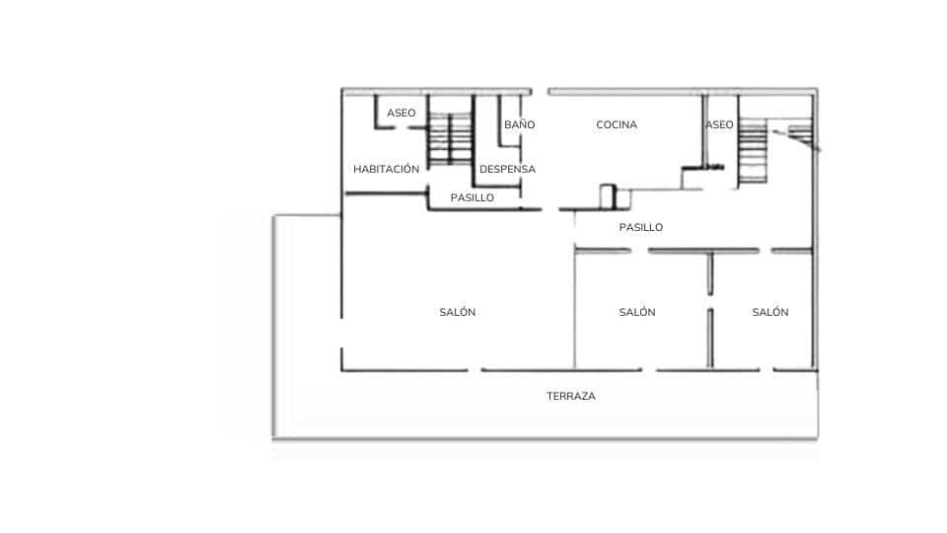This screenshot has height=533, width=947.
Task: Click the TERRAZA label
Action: (571, 396)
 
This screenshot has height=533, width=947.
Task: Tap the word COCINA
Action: (617, 125)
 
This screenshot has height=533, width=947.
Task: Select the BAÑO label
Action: (519, 125)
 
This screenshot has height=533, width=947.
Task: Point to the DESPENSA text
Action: (507, 169)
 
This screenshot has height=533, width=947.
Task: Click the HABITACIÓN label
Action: (386, 169)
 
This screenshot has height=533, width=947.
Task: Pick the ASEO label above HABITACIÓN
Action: (401, 114)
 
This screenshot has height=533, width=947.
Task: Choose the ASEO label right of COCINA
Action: (719, 125)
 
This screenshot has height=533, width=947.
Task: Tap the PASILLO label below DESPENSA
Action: (472, 197)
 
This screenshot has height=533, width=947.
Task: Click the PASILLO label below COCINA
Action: (641, 227)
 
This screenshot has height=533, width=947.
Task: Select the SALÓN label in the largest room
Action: (458, 312)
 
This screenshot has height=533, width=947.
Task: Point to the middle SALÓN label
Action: (637, 312)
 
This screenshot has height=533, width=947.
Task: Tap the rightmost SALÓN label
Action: (770, 312)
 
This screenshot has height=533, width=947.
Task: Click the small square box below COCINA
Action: (608, 196)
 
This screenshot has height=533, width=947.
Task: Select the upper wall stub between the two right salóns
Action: (710, 273)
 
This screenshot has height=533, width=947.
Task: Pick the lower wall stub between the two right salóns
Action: (710, 339)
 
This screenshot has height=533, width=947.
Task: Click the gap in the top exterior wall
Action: (540, 92)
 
